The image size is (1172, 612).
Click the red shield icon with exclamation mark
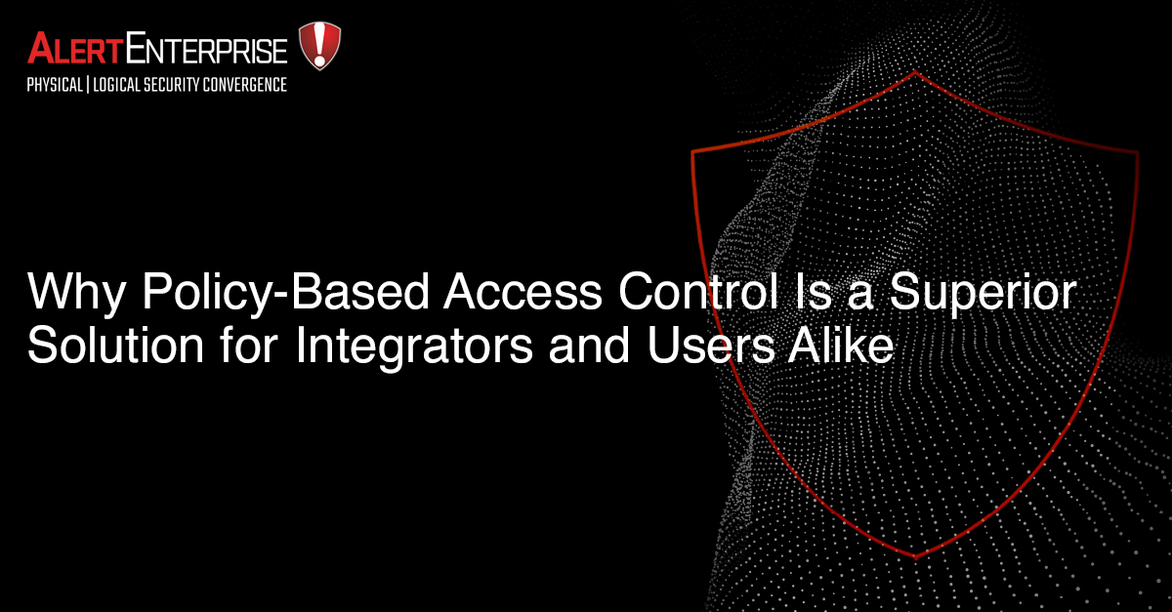[x=319, y=45]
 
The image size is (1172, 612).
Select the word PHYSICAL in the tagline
[x=56, y=85]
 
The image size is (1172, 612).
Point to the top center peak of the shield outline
[x=915, y=72]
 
